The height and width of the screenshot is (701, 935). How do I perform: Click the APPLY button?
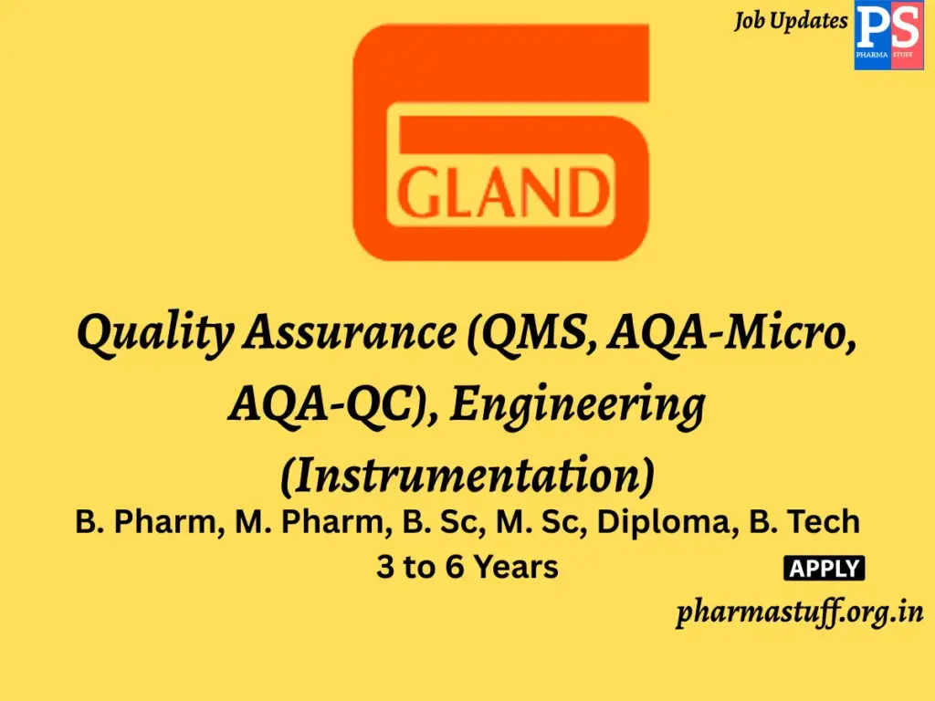pos(824,569)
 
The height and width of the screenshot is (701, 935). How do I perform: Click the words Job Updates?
pos(791,21)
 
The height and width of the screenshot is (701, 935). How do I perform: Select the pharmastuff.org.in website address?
pos(800,612)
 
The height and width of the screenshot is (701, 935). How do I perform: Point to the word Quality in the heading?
pos(153,334)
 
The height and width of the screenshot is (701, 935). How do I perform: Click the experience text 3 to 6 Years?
pos(467,568)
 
